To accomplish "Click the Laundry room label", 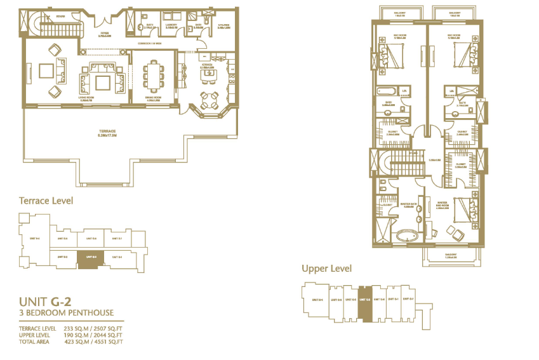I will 171,26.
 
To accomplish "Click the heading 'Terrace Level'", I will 46,201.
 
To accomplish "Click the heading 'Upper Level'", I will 326,269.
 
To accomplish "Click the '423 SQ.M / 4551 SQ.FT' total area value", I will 94,342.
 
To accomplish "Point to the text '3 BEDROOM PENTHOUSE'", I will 67,312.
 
